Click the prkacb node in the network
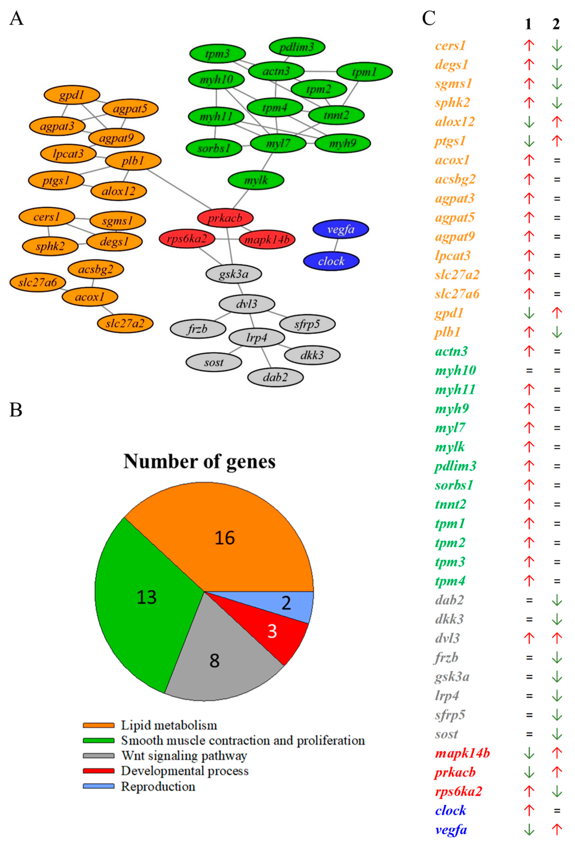225,218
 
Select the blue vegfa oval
341,229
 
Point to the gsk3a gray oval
233,274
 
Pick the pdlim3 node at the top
297,47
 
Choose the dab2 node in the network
275,377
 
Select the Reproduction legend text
158,786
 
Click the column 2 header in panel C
556,24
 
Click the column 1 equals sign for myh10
529,371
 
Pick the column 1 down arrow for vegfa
529,830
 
